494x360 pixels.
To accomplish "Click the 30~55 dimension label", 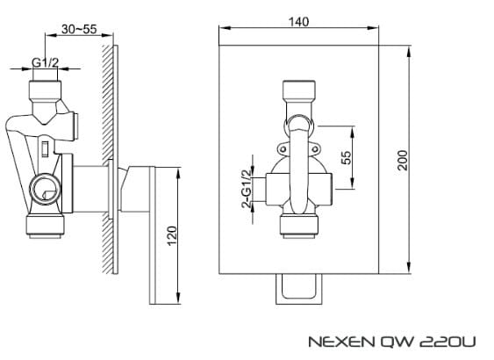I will click(80, 29).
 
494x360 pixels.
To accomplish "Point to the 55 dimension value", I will click(346, 156).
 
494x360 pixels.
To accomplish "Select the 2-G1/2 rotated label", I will click(247, 187).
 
